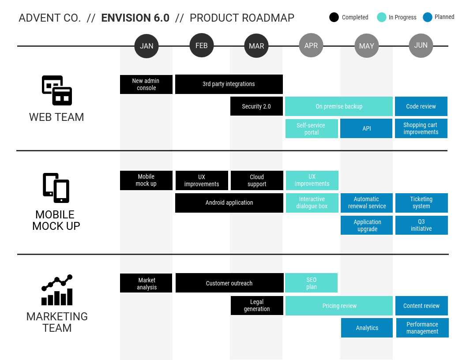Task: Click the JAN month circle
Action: [x=147, y=46]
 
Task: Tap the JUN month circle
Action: [x=421, y=45]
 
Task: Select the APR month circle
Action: [x=311, y=45]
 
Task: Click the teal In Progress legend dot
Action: [x=382, y=17]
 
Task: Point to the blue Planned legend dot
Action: [x=428, y=17]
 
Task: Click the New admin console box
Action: [x=146, y=84]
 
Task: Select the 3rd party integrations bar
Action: [x=229, y=84]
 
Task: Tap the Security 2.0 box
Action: [x=256, y=106]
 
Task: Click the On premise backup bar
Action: [x=338, y=106]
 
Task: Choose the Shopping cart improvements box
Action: [x=421, y=128]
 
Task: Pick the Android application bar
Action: [x=229, y=203]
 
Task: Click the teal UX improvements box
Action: [x=312, y=180]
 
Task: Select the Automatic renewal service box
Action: [x=367, y=203]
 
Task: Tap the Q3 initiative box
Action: [x=421, y=225]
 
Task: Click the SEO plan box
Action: [x=311, y=283]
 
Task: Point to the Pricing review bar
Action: [x=339, y=306]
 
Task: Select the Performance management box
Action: [x=422, y=328]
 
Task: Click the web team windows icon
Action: [x=57, y=90]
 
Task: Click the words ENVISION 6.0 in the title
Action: [x=135, y=18]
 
